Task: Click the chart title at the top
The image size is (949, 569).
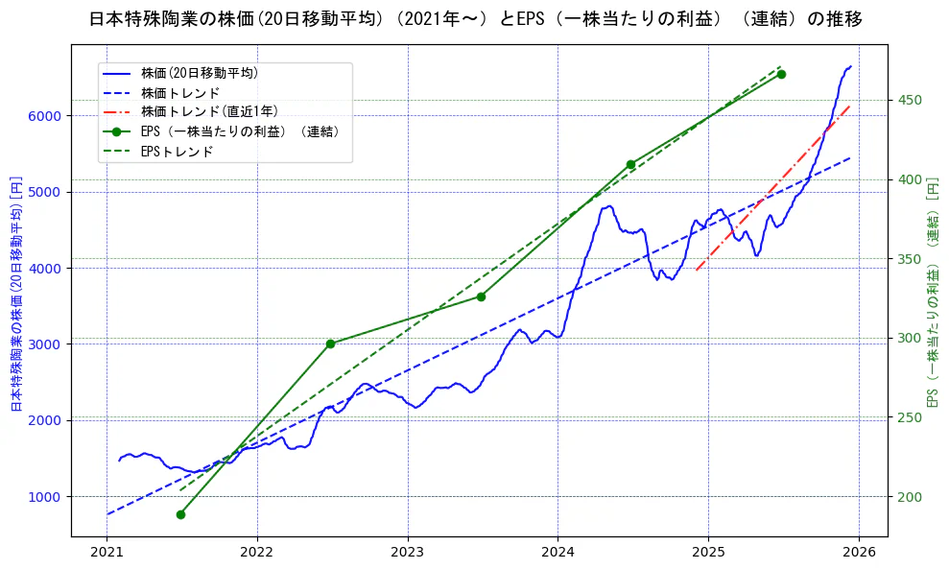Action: pyautogui.click(x=474, y=19)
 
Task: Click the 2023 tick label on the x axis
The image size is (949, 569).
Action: pyautogui.click(x=407, y=553)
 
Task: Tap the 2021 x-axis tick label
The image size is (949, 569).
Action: pyautogui.click(x=107, y=553)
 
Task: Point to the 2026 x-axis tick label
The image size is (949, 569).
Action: pyautogui.click(x=858, y=553)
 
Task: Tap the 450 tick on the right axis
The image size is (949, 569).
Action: pyautogui.click(x=910, y=101)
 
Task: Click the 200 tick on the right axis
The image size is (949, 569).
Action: pyautogui.click(x=910, y=496)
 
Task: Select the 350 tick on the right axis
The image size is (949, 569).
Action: pyautogui.click(x=910, y=259)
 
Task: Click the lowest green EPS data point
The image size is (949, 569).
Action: pyautogui.click(x=180, y=514)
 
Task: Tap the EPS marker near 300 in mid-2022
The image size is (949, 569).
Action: pyautogui.click(x=330, y=344)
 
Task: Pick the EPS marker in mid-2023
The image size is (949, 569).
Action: pyautogui.click(x=481, y=296)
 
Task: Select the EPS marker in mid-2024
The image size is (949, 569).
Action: pyautogui.click(x=630, y=164)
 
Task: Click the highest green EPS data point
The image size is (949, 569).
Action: pyautogui.click(x=781, y=74)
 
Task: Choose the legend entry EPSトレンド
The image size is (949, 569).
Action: pyautogui.click(x=177, y=152)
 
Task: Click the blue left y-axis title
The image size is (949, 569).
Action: pyautogui.click(x=15, y=294)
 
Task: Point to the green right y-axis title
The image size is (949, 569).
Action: pyautogui.click(x=932, y=294)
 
